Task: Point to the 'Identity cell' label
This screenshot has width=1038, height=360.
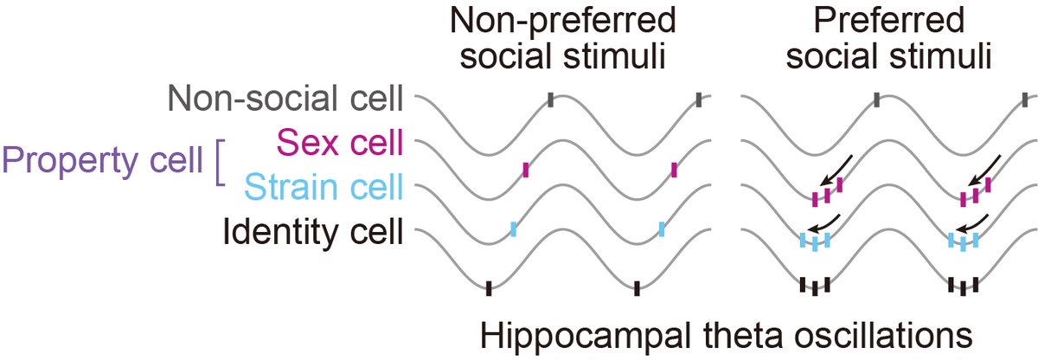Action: [x=314, y=231]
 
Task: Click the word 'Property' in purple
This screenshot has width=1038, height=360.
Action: [x=56, y=161]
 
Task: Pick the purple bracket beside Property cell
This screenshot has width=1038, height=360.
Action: [x=219, y=164]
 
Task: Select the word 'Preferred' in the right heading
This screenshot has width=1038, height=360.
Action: [x=880, y=21]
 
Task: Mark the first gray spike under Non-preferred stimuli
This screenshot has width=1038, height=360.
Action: [x=551, y=101]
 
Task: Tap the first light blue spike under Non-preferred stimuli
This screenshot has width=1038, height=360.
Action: [x=513, y=229]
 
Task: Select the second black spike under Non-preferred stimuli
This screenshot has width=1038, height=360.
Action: [x=637, y=289]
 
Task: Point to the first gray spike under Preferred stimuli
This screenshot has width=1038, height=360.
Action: [x=877, y=101]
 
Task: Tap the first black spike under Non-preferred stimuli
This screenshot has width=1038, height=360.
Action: [x=489, y=288]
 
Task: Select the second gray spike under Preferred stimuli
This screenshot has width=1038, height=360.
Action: [x=1025, y=101]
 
